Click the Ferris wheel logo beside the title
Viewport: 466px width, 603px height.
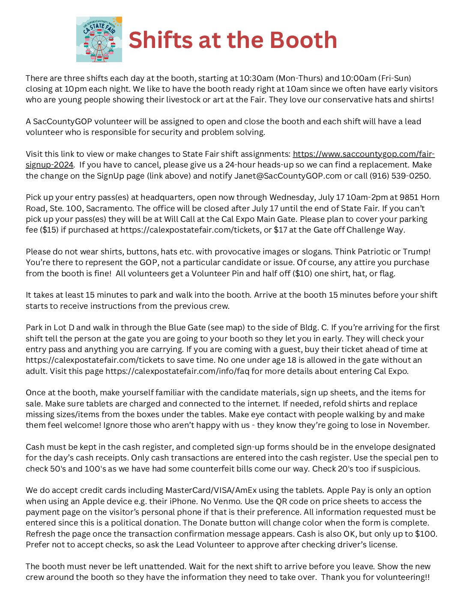pos(99,39)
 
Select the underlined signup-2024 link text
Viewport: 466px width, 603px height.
pos(49,165)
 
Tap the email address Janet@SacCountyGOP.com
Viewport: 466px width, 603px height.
pos(288,176)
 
